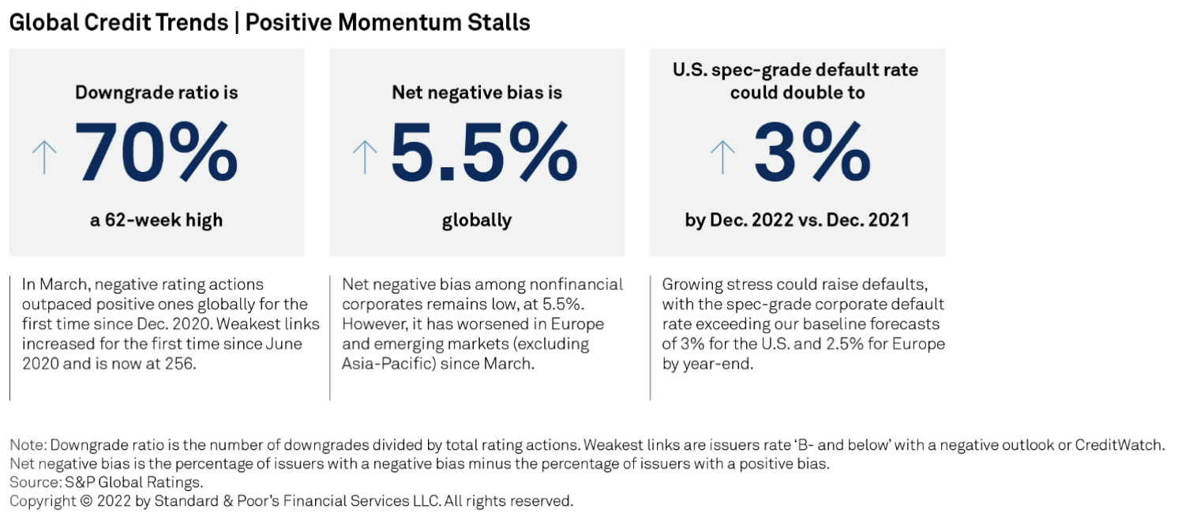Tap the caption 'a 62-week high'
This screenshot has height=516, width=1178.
(x=156, y=220)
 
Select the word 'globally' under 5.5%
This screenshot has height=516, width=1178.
(x=477, y=220)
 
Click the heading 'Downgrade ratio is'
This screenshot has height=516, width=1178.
(x=156, y=92)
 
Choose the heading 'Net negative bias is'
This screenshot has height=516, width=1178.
(x=477, y=92)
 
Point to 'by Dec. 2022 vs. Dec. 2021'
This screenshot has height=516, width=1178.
(x=797, y=220)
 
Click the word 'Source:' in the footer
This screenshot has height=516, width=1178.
(x=32, y=482)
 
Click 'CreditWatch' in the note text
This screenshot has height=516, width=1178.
(x=1119, y=445)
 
